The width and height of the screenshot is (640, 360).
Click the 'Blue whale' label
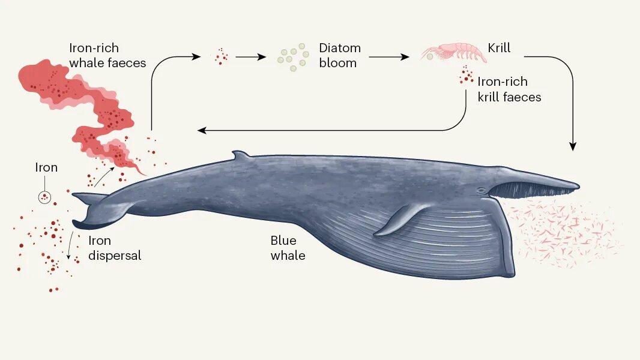point(288,248)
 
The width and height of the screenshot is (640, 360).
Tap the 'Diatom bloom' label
point(339,55)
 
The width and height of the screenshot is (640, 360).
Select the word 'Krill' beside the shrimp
point(500,48)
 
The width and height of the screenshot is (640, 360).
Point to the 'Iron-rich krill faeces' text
point(509,89)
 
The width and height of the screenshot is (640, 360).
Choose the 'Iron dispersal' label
point(115,248)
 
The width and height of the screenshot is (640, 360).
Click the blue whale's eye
point(480,190)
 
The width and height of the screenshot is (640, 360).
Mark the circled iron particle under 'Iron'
point(44,196)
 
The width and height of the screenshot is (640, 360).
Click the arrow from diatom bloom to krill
point(389,57)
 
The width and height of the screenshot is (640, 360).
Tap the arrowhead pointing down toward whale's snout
point(573,145)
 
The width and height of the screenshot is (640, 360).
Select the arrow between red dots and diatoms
point(250,57)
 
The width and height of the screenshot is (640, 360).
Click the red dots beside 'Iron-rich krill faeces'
point(465,77)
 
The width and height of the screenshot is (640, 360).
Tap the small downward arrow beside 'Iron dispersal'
point(70,246)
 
